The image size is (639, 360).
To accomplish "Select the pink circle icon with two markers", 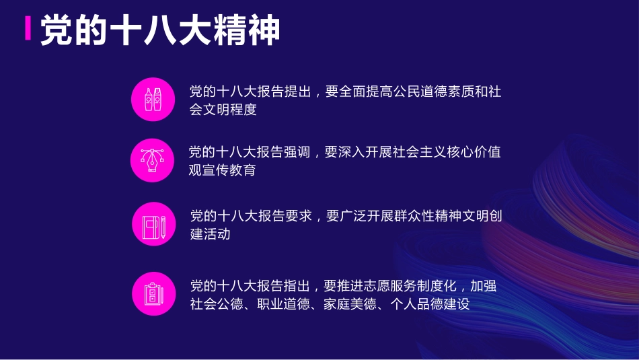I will pyautogui.click(x=153, y=100).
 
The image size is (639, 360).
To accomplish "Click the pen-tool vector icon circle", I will pyautogui.click(x=153, y=160).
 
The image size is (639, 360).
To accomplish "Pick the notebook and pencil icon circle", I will pyautogui.click(x=153, y=224).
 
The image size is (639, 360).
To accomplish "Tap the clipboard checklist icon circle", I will pyautogui.click(x=153, y=294).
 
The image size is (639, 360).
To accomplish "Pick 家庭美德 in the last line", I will pyautogui.click(x=350, y=304).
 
